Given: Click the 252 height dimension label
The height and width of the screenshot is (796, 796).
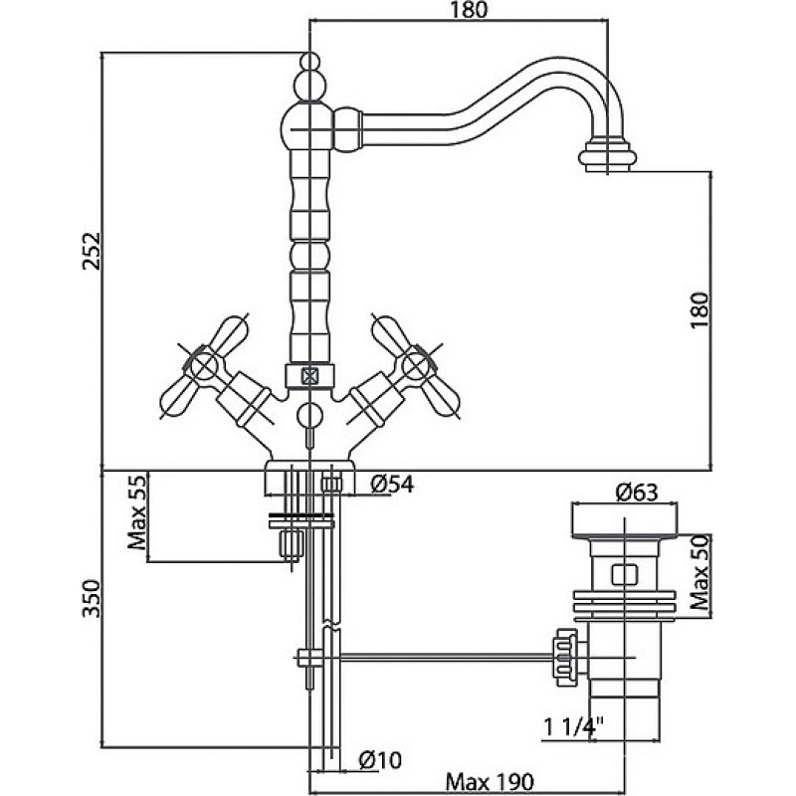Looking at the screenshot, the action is point(93,251).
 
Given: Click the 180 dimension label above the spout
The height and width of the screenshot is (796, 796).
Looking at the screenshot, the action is point(468,10).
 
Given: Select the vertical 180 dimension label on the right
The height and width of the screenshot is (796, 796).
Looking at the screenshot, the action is point(699,310).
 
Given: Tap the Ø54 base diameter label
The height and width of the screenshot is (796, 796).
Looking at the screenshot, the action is point(392,485).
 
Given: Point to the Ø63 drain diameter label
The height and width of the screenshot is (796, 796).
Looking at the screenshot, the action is point(637,493).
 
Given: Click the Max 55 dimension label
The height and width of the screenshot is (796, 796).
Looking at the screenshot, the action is point(136,511).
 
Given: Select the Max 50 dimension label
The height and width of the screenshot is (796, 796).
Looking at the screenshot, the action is point(699,573).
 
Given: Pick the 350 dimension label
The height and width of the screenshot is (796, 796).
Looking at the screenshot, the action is point(92,599).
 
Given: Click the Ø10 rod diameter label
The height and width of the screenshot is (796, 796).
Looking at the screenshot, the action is point(380,760).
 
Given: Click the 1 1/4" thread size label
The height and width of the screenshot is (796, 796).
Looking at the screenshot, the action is point(574,727).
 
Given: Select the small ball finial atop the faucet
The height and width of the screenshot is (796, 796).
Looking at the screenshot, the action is point(310,62).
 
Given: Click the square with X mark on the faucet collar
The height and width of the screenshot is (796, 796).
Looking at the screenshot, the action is point(309,376).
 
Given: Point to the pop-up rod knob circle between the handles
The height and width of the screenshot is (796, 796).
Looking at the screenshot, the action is point(309,416).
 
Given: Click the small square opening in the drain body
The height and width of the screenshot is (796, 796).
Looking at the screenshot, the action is point(625,575).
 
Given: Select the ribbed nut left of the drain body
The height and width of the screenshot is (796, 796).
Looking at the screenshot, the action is point(565,658).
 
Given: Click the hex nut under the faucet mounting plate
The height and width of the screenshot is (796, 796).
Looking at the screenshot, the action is point(292,544).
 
